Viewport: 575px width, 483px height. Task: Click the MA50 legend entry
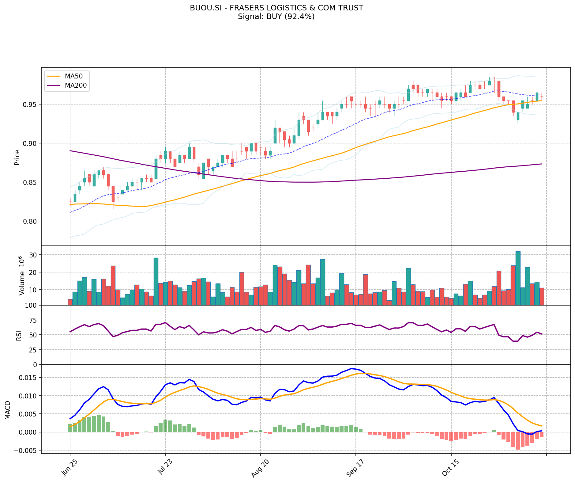point(73,76)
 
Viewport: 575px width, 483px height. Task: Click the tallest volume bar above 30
point(518,278)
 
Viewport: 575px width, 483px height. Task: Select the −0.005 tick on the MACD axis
point(27,451)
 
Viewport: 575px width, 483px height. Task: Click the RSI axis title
point(19,335)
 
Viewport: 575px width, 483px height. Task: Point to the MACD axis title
point(8,410)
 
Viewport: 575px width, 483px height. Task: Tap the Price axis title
point(17,157)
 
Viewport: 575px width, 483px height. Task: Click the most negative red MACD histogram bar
point(518,441)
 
